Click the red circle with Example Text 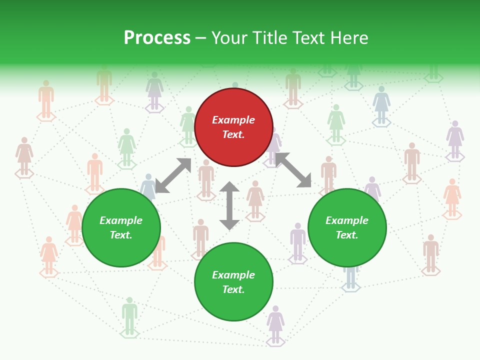pyautogui.click(x=233, y=127)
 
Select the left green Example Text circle pyautogui.click(x=121, y=227)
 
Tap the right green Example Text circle pyautogui.click(x=347, y=227)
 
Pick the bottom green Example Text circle pyautogui.click(x=233, y=282)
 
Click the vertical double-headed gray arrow pyautogui.click(x=229, y=205)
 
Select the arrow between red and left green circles pyautogui.click(x=173, y=175)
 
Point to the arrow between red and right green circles pyautogui.click(x=293, y=170)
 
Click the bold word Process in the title pyautogui.click(x=157, y=38)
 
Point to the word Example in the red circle pyautogui.click(x=233, y=120)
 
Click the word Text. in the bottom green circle pyautogui.click(x=233, y=289)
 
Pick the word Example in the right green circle pyautogui.click(x=347, y=220)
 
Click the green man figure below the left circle pyautogui.click(x=129, y=315)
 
